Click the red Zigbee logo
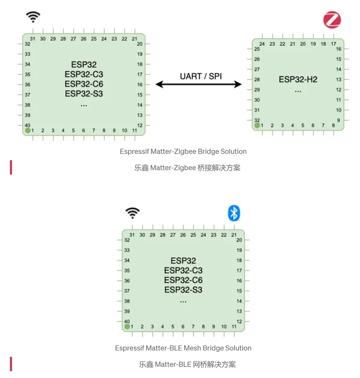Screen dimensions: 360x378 pyautogui.click(x=332, y=20)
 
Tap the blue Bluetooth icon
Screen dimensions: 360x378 pyautogui.click(x=234, y=213)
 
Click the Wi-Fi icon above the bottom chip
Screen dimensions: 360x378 pyautogui.click(x=132, y=213)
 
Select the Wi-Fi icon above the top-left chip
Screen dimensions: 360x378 pyautogui.click(x=33, y=17)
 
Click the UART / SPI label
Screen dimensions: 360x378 pyautogui.click(x=201, y=76)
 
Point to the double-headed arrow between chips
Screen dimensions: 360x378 pyautogui.click(x=199, y=84)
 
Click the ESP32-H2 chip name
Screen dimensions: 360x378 pyautogui.click(x=298, y=79)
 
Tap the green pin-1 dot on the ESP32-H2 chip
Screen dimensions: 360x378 pyautogui.click(x=257, y=125)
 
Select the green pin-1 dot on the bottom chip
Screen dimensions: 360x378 pyautogui.click(x=127, y=327)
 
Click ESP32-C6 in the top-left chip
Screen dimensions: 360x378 pyautogui.click(x=84, y=84)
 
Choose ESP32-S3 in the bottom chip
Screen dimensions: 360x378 pyautogui.click(x=183, y=290)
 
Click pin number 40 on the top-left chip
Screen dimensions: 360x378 pyautogui.click(x=27, y=125)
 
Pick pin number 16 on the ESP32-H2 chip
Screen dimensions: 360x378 pyautogui.click(x=338, y=49)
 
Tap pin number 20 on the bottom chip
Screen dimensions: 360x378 pyautogui.click(x=239, y=240)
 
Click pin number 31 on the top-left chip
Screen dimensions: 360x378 pyautogui.click(x=33, y=38)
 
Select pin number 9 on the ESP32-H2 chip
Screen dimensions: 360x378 pyautogui.click(x=338, y=120)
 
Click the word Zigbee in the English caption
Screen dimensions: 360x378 pyautogui.click(x=185, y=151)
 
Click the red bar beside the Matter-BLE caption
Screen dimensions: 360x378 pyautogui.click(x=11, y=364)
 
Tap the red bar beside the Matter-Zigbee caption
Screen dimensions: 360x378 pyautogui.click(x=11, y=167)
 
